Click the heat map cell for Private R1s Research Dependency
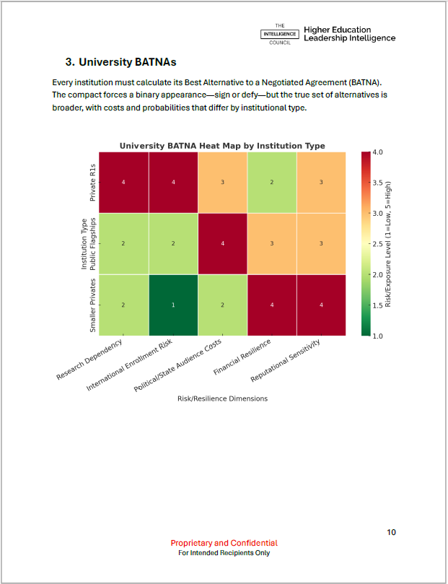tap(123, 182)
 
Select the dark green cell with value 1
tap(173, 305)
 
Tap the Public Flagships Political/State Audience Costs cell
tap(222, 243)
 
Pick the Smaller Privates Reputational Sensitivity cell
tap(321, 305)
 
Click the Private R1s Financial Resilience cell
tap(272, 182)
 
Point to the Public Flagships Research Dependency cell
tap(123, 243)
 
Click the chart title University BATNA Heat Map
tap(222, 146)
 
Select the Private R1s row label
tap(92, 182)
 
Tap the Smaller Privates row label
tap(92, 305)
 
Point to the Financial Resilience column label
tap(242, 356)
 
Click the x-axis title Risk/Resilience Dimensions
tap(222, 398)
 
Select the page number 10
tap(391, 532)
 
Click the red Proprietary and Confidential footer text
tap(224, 543)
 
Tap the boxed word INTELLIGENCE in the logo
tap(280, 33)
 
